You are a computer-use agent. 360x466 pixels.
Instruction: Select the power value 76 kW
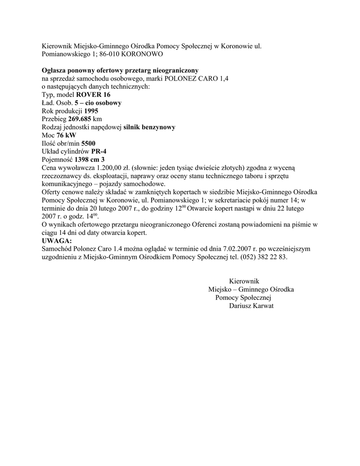pyautogui.click(x=66, y=136)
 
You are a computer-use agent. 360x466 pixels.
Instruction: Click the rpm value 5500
pyautogui.click(x=88, y=144)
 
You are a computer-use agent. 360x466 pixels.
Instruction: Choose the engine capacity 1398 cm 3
pyautogui.click(x=90, y=160)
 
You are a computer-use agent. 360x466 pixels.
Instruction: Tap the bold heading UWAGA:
pyautogui.click(x=56, y=241)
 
